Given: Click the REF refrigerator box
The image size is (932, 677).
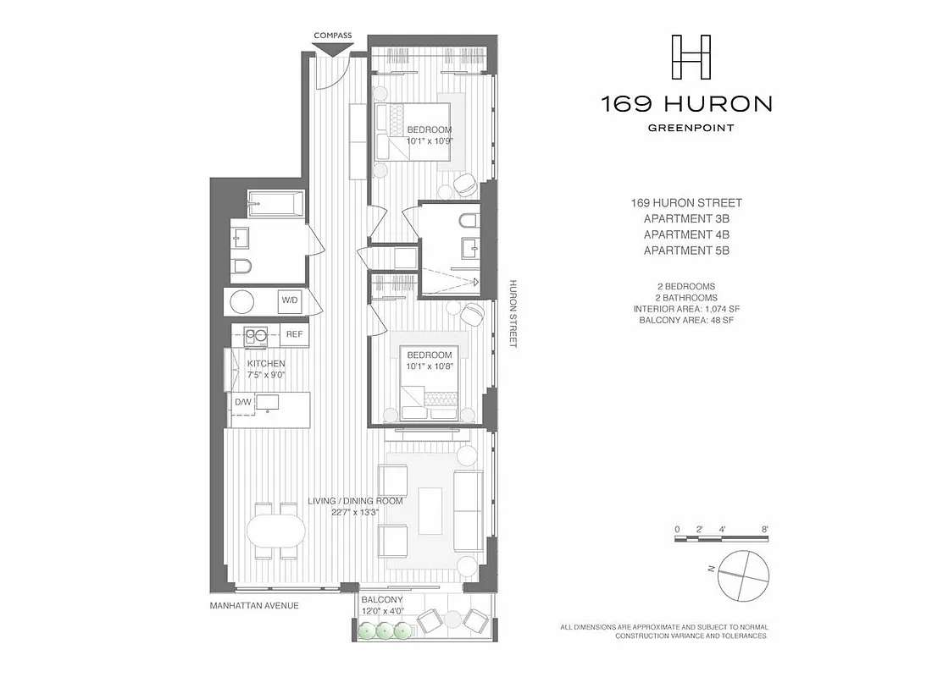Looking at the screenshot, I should point(294,334).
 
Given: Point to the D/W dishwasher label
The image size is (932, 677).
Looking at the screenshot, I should point(242,402).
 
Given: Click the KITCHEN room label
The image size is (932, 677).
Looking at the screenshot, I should point(266,364).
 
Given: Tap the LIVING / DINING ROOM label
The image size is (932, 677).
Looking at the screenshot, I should point(355,501).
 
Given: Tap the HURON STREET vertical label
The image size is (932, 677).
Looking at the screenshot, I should point(513,313).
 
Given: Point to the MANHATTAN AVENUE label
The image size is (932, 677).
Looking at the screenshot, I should point(254,606).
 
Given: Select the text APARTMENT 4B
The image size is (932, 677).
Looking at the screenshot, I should point(686,234).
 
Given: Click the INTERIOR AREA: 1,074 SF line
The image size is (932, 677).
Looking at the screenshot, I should point(686,310).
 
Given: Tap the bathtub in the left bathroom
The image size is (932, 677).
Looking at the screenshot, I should point(275,205).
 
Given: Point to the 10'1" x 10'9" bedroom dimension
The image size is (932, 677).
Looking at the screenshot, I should point(430,141).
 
